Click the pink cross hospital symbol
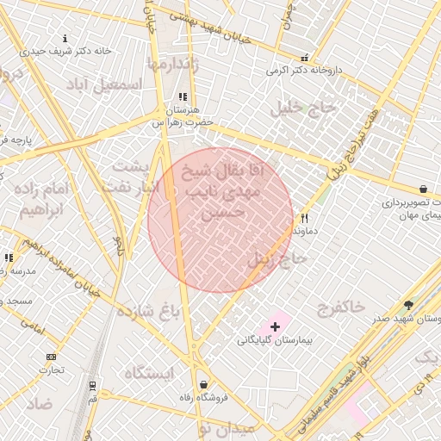pos(275,326)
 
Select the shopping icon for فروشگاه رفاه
pos(202,384)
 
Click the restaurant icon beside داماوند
pos(303,218)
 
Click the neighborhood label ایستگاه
pos(149,373)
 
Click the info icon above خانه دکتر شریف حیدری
pos(65,38)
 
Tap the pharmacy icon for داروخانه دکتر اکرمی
pos(303,58)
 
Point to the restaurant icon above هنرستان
pos(181,97)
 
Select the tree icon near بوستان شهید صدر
pos(408,305)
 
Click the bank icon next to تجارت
pos(51,357)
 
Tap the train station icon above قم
pos(92,387)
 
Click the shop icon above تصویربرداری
pos(422,189)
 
